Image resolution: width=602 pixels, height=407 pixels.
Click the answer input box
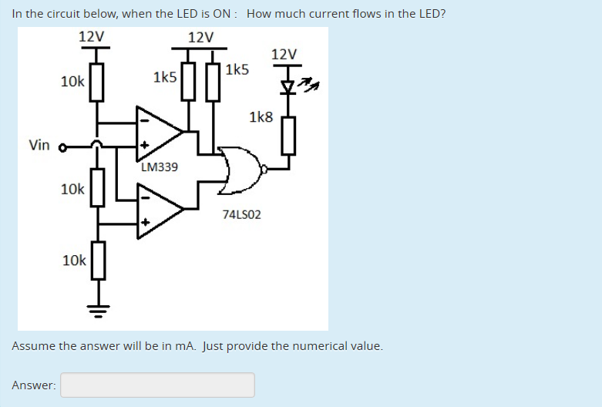pos(157,385)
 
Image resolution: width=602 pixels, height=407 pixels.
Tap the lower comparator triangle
pos(158,207)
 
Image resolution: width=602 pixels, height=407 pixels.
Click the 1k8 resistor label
pos(261,117)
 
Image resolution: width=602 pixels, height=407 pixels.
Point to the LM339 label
pos(160,166)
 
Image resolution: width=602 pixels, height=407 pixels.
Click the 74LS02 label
pos(241,214)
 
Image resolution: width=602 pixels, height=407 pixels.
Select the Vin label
pos(39,145)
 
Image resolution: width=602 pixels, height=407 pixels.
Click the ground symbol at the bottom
pos(97,310)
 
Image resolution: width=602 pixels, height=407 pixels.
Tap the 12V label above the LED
pos(284,54)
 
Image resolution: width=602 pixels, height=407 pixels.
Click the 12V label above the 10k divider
pos(92,36)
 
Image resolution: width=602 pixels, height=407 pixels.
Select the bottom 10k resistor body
pos(97,260)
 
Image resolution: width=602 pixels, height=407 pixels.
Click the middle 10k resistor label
pos(73,189)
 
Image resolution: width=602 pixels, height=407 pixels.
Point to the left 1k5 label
pos(165,77)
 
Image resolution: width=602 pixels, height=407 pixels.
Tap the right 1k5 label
pos(237,69)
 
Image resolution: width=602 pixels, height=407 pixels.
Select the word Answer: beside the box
pos(34,385)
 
